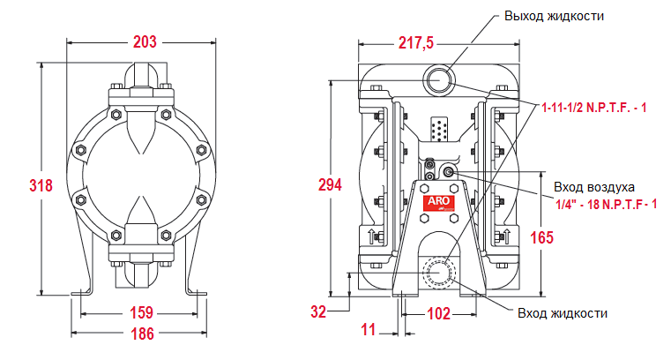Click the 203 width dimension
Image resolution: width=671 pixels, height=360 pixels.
pyautogui.click(x=145, y=41)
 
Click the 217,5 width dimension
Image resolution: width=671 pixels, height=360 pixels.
pyautogui.click(x=416, y=42)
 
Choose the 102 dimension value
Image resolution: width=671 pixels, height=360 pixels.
pyautogui.click(x=438, y=313)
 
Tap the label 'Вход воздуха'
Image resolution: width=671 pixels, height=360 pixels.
pyautogui.click(x=593, y=187)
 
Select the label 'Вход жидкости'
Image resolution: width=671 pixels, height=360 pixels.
pyautogui.click(x=562, y=313)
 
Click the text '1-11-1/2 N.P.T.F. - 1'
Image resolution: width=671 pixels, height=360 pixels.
pyautogui.click(x=594, y=108)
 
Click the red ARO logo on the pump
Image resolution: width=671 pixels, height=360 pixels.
pyautogui.click(x=438, y=202)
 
